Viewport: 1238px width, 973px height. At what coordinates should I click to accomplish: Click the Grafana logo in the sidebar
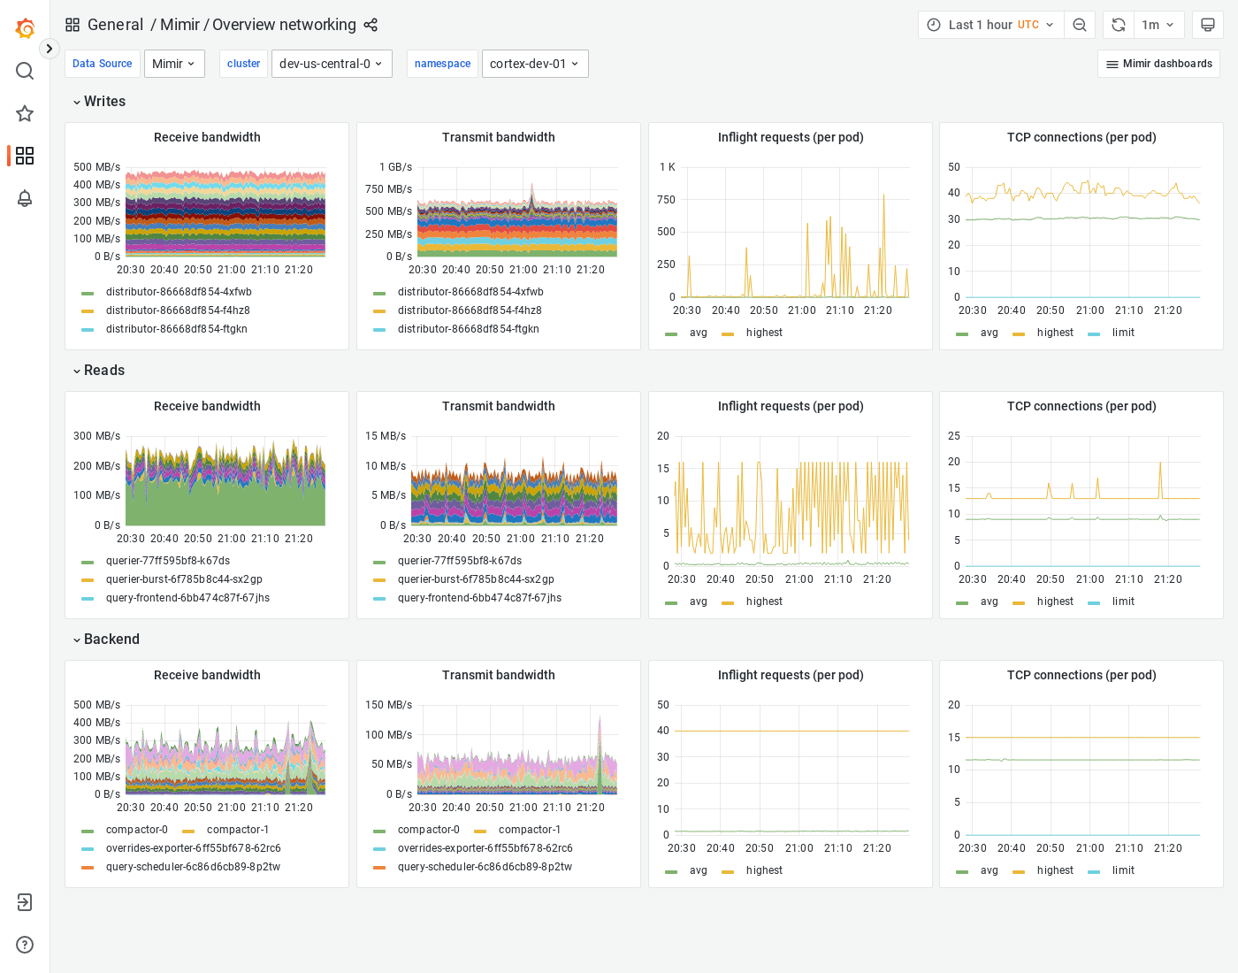tap(25, 28)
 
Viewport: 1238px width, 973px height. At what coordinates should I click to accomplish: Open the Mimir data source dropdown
tap(174, 64)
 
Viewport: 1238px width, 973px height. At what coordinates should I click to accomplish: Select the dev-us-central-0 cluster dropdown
tap(332, 64)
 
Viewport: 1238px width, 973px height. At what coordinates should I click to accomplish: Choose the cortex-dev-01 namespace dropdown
tap(534, 64)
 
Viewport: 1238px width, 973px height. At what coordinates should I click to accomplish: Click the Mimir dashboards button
tap(1158, 64)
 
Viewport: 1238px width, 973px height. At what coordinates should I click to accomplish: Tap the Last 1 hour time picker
tap(990, 25)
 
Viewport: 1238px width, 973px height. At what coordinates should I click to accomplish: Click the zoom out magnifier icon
tap(1080, 25)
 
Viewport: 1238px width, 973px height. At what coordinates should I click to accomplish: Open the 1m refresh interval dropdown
tap(1158, 25)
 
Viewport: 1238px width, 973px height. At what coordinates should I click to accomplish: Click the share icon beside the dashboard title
tap(371, 25)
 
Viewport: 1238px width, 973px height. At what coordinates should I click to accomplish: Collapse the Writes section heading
tap(103, 102)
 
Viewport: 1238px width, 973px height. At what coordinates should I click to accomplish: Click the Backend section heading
tap(111, 640)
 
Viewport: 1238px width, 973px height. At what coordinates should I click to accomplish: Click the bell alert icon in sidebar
tap(25, 198)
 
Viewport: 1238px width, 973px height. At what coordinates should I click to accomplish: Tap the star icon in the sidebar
tap(25, 113)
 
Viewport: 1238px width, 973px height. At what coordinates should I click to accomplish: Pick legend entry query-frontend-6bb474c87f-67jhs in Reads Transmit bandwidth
tap(479, 598)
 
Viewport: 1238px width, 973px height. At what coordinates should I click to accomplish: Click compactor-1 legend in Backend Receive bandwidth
tap(237, 830)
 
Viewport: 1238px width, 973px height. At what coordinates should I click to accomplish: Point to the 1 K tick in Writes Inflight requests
tap(667, 167)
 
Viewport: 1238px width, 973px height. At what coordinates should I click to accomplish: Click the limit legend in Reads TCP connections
tap(1123, 601)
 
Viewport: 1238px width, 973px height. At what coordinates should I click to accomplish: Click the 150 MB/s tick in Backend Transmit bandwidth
tap(388, 705)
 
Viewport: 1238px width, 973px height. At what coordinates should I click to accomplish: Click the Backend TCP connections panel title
tap(1081, 675)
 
